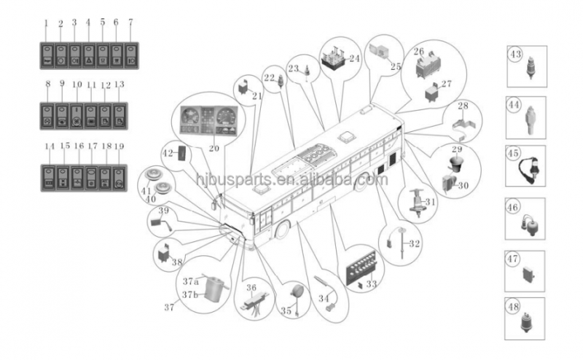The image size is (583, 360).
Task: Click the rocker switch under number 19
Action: coord(120,176)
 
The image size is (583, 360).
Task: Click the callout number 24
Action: coord(355,58)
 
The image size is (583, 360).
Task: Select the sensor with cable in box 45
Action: coord(530,165)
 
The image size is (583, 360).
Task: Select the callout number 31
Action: coord(431,202)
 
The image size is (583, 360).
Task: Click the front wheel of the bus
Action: coord(280,232)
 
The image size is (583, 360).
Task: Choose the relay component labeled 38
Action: coord(164,252)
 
